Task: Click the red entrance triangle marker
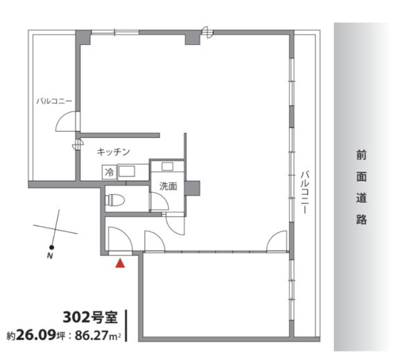click(x=120, y=263)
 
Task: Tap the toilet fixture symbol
click(x=115, y=200)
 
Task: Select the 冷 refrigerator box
click(x=109, y=172)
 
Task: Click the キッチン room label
click(x=113, y=152)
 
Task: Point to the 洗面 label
click(x=168, y=186)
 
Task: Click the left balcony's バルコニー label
click(x=54, y=101)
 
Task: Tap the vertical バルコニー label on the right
click(x=305, y=192)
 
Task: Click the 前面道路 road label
click(x=361, y=188)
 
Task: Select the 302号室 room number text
click(x=90, y=317)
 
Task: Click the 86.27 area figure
click(x=91, y=336)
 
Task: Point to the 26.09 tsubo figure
click(x=36, y=335)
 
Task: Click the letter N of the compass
click(x=50, y=256)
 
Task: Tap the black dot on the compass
click(x=52, y=247)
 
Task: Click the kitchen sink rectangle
click(x=127, y=172)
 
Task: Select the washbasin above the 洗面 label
click(x=168, y=166)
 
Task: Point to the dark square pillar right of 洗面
click(x=193, y=188)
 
